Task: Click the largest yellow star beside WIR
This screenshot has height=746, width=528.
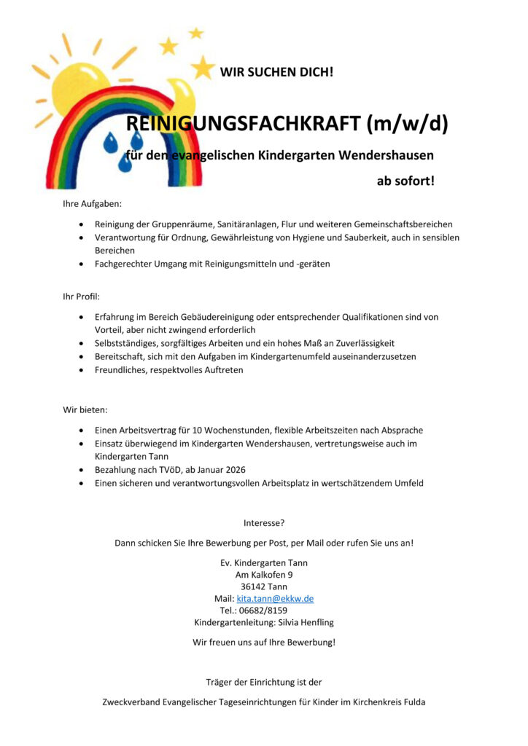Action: coord(203,68)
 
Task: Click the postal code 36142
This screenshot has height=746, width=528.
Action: coord(253,586)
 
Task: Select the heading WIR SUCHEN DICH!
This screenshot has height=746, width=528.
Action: coord(276,72)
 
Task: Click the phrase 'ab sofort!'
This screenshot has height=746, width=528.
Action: coord(405,181)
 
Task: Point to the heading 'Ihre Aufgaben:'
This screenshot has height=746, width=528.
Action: coord(92,204)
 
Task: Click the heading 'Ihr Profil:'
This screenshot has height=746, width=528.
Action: coord(81,297)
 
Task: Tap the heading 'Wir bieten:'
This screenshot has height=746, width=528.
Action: coord(85,410)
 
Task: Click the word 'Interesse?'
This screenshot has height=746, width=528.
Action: coord(264,523)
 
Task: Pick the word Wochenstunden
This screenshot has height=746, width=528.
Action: coord(221,431)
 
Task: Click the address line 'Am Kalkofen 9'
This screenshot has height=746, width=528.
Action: coord(264,575)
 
